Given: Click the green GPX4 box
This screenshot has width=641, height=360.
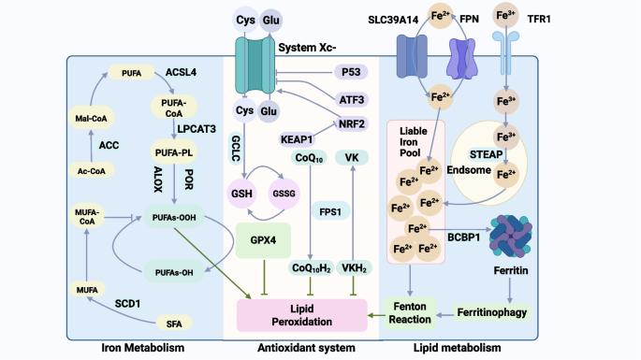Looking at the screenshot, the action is click(263, 240).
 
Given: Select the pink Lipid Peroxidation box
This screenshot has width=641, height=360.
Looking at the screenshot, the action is click(302, 315).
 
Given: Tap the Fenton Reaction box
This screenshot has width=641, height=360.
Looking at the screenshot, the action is click(410, 313).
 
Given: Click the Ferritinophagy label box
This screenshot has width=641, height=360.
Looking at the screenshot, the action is click(492, 312).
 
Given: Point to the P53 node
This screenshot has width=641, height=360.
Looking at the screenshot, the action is click(351, 72).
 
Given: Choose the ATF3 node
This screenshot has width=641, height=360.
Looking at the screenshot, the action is click(352, 100).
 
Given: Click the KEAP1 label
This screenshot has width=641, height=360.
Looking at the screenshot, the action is click(297, 139).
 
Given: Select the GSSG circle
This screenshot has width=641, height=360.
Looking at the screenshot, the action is click(284, 194).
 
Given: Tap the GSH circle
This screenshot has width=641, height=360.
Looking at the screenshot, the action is click(242, 194).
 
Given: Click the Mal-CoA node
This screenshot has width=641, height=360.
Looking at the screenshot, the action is click(91, 119).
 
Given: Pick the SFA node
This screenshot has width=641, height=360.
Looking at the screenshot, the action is click(174, 324).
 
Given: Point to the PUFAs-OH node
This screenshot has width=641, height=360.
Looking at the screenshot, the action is click(174, 272).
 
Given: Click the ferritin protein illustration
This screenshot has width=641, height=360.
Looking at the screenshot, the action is click(511, 237).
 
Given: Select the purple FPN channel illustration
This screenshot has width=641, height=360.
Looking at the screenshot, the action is click(462, 58).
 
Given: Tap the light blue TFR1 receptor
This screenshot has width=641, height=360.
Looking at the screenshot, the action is click(505, 53).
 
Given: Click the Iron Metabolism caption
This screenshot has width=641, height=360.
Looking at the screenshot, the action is click(143, 348).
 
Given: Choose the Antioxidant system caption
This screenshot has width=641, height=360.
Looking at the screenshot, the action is click(306, 348).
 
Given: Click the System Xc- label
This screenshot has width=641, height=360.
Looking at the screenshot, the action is click(307, 48).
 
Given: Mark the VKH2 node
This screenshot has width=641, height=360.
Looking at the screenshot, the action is click(354, 268).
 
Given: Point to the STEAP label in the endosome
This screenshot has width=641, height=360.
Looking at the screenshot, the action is click(486, 154).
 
